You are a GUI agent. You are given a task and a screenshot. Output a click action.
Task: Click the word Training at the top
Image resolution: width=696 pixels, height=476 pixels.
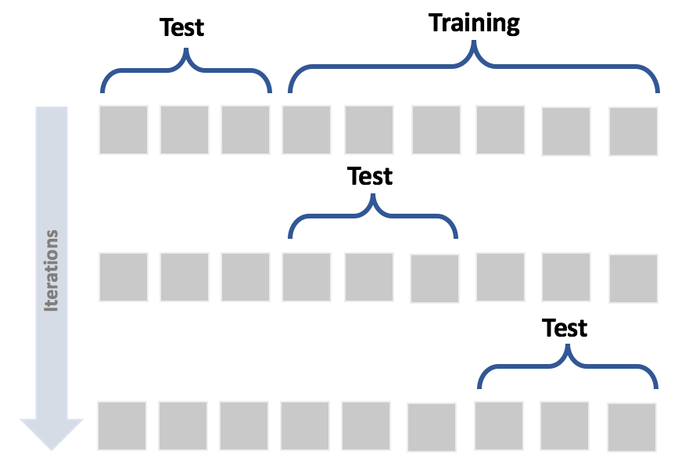coord(474,23)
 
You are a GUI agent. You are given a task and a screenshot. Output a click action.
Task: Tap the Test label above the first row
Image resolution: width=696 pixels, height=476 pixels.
coord(181,28)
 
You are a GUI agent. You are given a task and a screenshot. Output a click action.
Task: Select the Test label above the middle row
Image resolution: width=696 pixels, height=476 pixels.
coord(370,176)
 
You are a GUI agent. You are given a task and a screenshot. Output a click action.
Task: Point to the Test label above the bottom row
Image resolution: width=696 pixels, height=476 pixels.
coord(565,327)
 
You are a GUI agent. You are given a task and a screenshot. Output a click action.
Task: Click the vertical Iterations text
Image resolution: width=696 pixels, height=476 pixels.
coord(52,270)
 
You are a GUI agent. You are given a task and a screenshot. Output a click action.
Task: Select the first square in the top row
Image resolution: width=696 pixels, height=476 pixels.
coord(124,130)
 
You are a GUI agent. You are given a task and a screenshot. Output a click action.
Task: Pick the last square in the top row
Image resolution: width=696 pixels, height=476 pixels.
coord(633,132)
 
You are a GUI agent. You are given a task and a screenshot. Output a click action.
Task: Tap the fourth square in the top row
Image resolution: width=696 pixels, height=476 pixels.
coord(307,130)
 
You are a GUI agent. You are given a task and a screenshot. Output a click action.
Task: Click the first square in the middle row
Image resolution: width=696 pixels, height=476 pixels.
coord(124,277)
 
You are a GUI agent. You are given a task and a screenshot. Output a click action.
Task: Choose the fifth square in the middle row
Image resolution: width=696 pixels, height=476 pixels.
coord(369,277)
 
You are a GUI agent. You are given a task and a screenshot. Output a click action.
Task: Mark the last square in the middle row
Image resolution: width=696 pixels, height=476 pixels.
coord(633,279)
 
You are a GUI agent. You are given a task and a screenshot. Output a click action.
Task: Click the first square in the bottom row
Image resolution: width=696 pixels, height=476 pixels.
coord(122,425)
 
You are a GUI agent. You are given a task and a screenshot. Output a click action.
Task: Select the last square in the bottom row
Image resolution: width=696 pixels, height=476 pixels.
coord(631,427)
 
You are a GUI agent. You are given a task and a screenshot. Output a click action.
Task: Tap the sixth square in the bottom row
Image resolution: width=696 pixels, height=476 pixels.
coord(432,427)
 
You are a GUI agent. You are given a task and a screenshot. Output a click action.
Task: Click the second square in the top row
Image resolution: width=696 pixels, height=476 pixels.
coord(185,130)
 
